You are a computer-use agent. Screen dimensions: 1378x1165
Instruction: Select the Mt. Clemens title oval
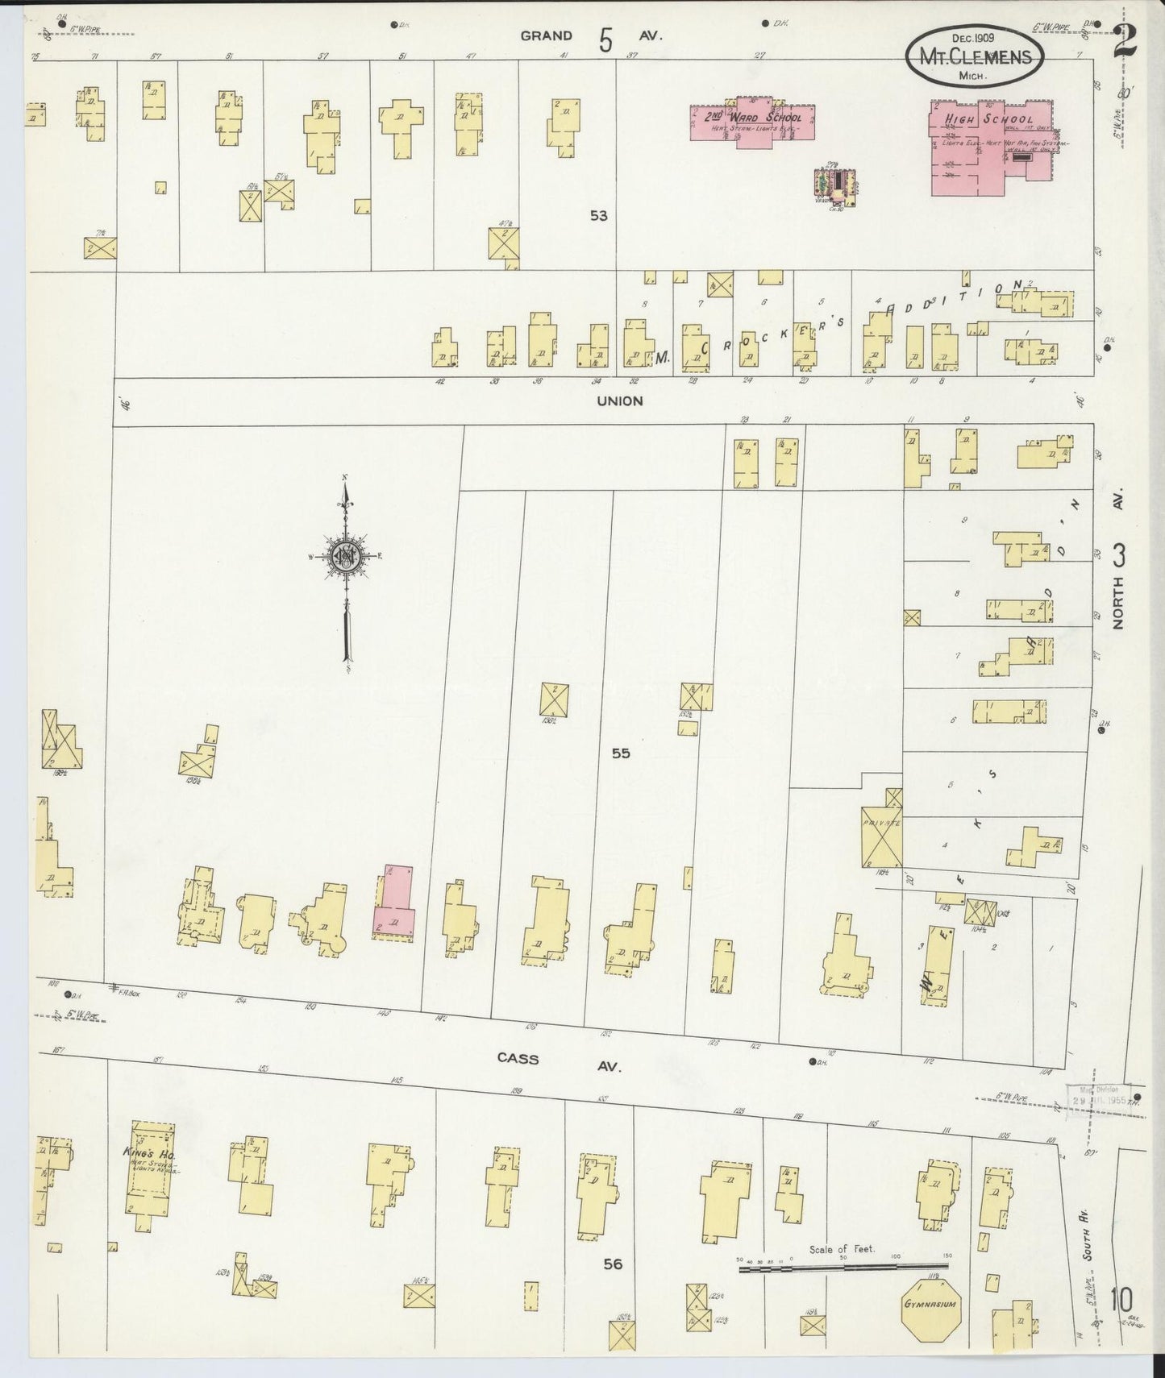[x=974, y=57]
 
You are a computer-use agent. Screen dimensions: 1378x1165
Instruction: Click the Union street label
[x=620, y=401]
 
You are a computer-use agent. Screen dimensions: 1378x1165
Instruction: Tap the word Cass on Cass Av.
[x=518, y=1059]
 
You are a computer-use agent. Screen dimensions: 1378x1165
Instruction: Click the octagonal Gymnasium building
[x=930, y=1304]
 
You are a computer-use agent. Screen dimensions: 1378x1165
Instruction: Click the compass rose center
[x=345, y=557]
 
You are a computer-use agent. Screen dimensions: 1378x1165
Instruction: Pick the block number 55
[x=620, y=753]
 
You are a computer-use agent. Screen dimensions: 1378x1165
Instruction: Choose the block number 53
[x=597, y=216]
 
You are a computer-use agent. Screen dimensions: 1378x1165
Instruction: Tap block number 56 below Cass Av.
[x=613, y=1264]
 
